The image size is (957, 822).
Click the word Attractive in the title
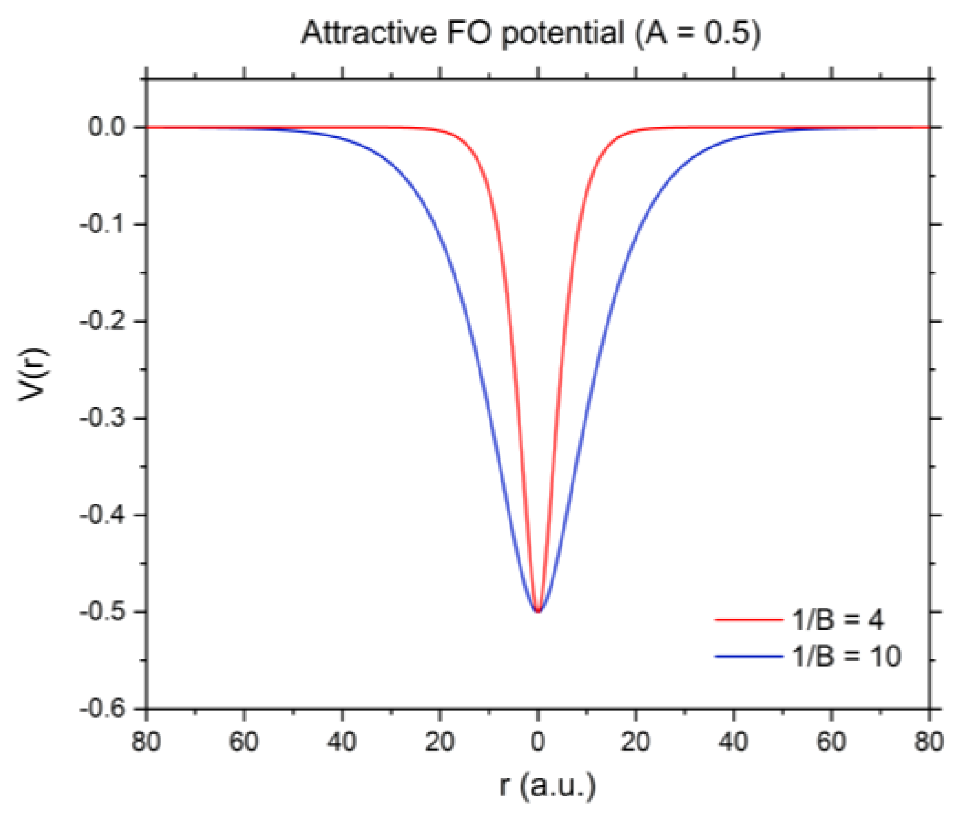tap(369, 32)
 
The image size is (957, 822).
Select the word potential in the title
tap(563, 33)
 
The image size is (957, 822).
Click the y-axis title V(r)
tap(32, 374)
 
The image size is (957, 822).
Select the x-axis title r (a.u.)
tap(547, 785)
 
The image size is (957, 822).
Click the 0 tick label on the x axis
tap(537, 742)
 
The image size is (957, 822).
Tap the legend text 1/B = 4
tap(838, 620)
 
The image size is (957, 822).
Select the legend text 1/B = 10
tap(846, 656)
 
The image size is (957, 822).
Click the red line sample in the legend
tap(749, 620)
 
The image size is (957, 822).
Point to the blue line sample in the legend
tap(749, 656)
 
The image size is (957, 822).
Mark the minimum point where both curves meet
tap(538, 611)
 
